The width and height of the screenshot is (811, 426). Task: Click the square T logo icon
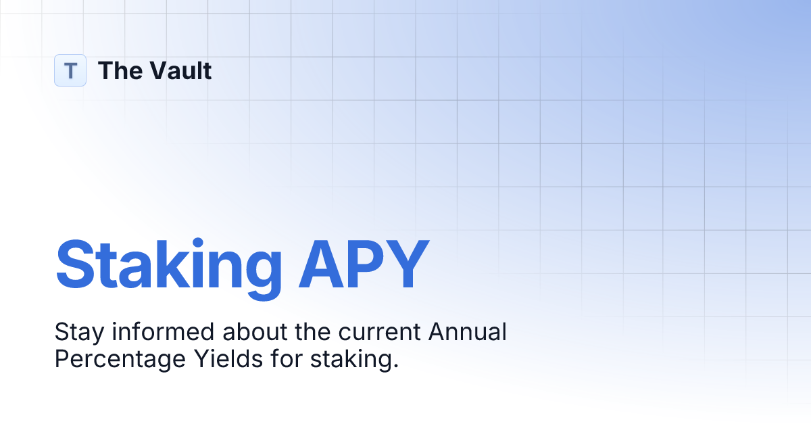tap(70, 70)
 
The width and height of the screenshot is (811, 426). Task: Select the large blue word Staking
tap(168, 265)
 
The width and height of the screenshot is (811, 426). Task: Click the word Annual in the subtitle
tap(467, 333)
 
